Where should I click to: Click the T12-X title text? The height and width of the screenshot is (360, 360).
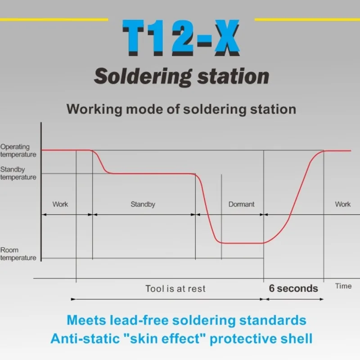tap(180, 40)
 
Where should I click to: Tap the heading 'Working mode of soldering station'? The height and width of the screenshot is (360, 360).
tap(181, 109)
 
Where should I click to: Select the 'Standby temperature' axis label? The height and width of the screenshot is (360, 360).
tap(18, 174)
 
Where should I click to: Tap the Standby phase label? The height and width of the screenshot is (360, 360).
tap(143, 204)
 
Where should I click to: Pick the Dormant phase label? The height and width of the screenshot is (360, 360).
tap(241, 204)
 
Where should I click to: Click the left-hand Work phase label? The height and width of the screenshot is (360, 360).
tap(60, 204)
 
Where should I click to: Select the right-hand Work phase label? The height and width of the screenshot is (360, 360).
tap(342, 204)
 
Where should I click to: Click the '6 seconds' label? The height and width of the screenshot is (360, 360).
tap(293, 288)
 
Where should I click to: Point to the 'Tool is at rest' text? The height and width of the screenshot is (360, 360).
tap(175, 288)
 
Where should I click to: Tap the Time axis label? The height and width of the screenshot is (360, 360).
tap(343, 286)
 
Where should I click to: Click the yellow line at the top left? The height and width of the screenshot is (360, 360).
tap(54, 20)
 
